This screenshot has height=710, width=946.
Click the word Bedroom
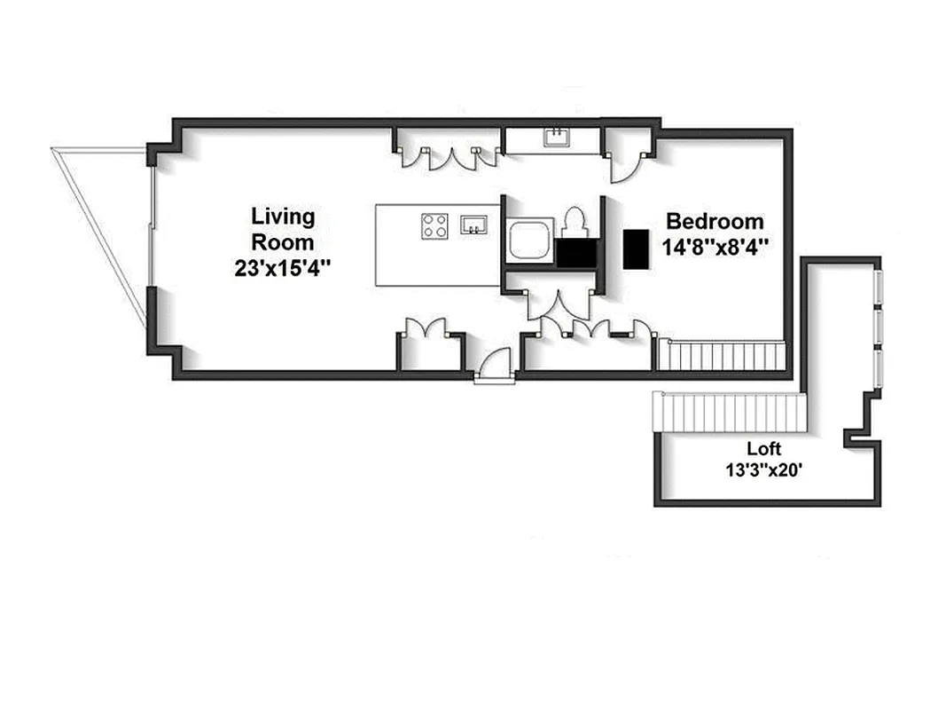coord(715,221)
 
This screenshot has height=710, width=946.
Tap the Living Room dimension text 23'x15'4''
coord(283,267)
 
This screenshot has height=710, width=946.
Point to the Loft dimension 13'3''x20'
coord(763,470)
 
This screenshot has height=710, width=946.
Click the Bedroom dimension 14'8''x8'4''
coord(715,246)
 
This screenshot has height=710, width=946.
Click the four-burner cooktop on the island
coord(434,225)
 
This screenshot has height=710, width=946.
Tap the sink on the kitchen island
coord(474,225)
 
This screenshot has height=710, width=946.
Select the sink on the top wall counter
coord(557,138)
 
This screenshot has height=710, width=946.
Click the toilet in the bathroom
coord(575,222)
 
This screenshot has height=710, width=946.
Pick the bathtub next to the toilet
coord(529,241)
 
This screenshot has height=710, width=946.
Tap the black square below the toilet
coord(575,253)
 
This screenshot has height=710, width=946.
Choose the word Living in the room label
coord(283,217)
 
